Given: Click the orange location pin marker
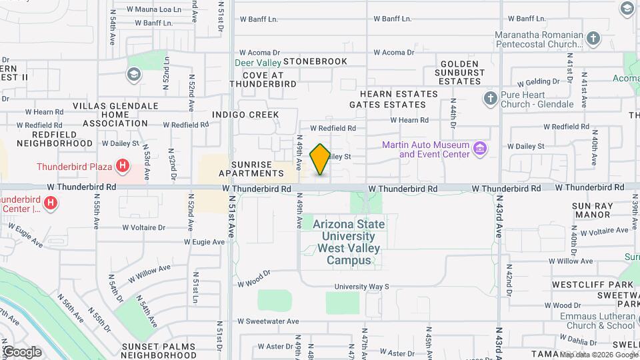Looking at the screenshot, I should click(x=321, y=159).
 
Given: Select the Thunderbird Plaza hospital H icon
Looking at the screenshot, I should click(x=122, y=165).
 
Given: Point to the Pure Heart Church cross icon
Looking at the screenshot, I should click(x=490, y=99).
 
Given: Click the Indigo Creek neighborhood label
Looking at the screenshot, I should click(x=245, y=115).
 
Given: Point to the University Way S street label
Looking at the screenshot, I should click(x=361, y=287).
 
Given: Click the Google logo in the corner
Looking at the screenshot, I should click(x=21, y=351).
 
